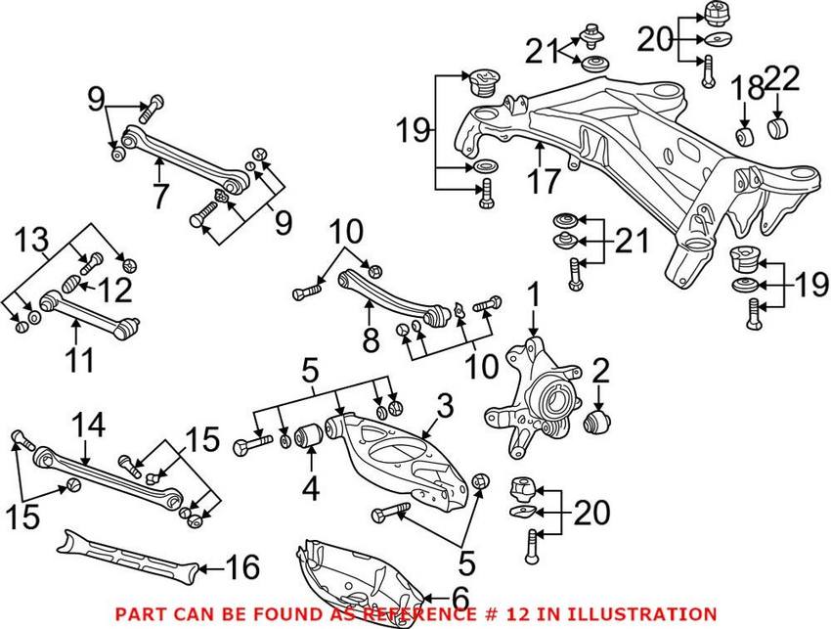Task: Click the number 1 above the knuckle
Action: click(534, 293)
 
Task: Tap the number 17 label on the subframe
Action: click(547, 181)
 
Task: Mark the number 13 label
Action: click(29, 238)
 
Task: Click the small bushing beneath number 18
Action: click(744, 133)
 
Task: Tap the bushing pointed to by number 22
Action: click(779, 129)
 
